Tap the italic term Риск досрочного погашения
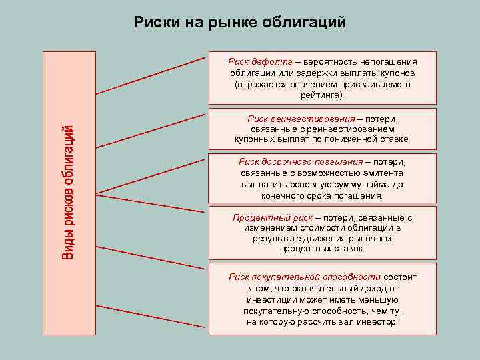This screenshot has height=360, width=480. (x=301, y=162)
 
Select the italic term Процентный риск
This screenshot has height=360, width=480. (x=273, y=217)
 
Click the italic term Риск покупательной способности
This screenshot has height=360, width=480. (x=305, y=277)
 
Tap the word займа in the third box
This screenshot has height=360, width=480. (x=381, y=184)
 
